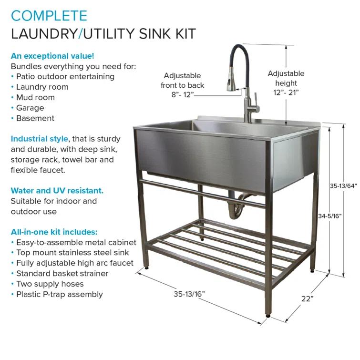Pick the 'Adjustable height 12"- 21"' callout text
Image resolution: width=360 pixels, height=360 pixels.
286,83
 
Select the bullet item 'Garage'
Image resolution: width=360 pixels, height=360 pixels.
30,108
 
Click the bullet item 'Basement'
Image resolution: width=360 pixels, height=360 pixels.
35,118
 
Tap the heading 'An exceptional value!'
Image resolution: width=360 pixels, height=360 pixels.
45,55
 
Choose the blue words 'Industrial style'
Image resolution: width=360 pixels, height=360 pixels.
40,139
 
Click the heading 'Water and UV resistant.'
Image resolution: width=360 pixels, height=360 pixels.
57,191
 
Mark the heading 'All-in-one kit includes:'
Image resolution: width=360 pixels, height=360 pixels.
54,232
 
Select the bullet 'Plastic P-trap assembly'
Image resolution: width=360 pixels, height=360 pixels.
59,294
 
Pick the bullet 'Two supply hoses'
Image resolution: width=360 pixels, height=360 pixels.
50,284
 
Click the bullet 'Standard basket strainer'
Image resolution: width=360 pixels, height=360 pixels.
62,273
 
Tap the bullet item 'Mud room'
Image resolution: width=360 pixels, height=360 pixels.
35,97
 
